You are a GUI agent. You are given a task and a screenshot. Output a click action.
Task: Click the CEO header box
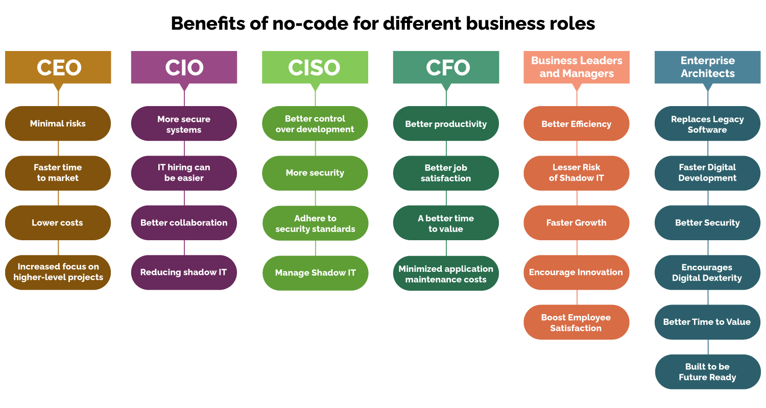[x=58, y=67]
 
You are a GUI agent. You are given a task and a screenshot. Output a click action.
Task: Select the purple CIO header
[x=184, y=67]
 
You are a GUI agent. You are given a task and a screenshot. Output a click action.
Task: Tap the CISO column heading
[x=315, y=67]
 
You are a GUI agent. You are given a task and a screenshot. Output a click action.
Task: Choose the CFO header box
[x=446, y=67]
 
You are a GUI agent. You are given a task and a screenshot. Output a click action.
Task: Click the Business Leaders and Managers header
[x=577, y=67]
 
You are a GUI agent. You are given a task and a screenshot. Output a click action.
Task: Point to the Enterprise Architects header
[x=707, y=67]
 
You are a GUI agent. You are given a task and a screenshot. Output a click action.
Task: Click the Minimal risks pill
[x=58, y=123]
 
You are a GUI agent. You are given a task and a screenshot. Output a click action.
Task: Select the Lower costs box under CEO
[x=58, y=223]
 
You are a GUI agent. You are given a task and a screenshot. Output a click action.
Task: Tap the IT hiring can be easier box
[x=184, y=173]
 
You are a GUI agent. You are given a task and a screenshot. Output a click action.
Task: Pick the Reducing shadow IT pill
[x=184, y=272]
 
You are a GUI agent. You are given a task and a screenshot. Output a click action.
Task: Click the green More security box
[x=315, y=173]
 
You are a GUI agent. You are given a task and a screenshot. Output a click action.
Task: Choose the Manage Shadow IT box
[x=315, y=273]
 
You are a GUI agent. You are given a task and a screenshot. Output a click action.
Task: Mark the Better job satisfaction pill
[x=446, y=173]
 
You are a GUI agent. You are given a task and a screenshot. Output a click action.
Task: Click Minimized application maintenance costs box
[x=446, y=274]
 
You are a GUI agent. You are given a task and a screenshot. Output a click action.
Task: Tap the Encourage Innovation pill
[x=577, y=272]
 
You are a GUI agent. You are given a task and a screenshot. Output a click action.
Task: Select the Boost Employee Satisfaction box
[x=577, y=322]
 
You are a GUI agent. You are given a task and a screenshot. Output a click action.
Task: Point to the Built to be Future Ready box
[x=707, y=372]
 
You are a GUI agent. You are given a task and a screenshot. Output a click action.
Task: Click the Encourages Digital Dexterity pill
[x=707, y=272]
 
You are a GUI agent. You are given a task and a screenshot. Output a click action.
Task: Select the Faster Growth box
[x=577, y=223]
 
